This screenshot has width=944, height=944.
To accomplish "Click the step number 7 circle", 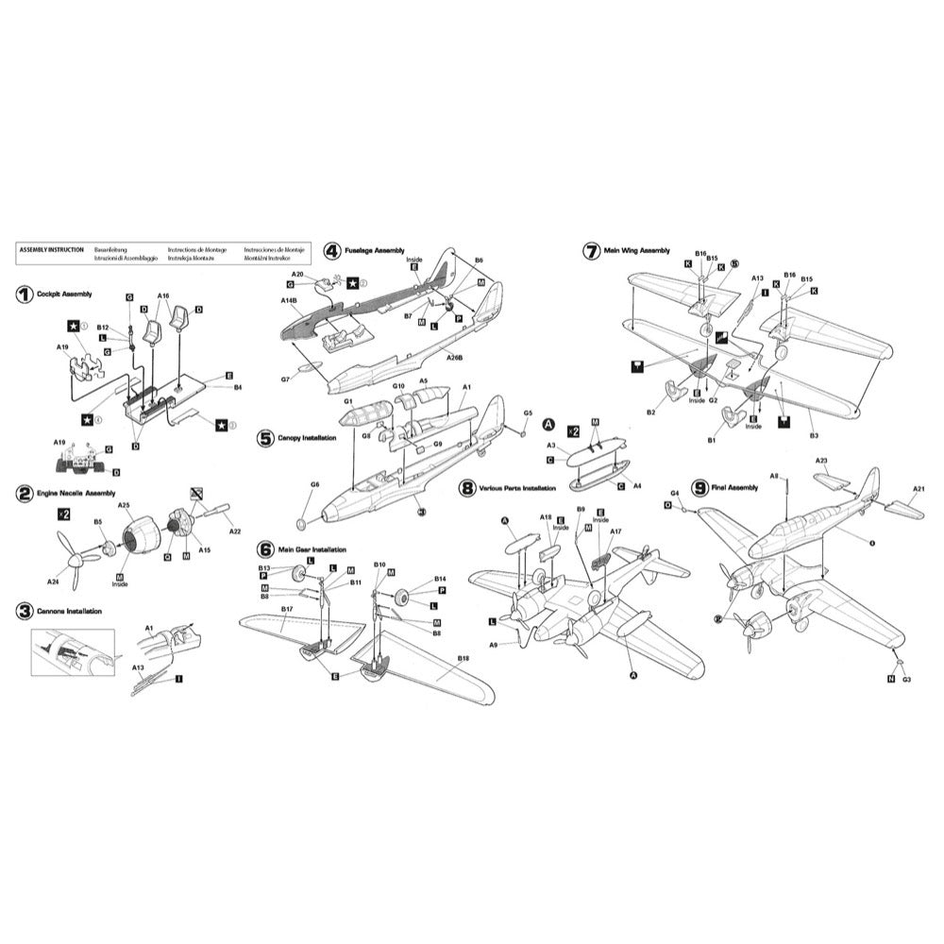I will (592, 250).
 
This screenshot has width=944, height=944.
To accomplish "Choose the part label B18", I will (463, 657).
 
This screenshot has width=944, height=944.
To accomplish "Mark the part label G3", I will (905, 679).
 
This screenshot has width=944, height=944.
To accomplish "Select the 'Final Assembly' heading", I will (737, 487).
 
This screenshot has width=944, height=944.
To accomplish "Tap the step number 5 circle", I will (265, 438).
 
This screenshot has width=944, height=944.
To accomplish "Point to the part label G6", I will (315, 484).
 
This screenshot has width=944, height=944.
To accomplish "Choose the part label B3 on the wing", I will (813, 435).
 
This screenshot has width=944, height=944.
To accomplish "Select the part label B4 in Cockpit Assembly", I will (238, 386).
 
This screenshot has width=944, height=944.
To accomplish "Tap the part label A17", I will (615, 531).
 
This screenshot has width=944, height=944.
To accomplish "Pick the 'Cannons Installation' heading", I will (69, 612).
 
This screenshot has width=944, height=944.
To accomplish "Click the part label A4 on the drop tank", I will (636, 485).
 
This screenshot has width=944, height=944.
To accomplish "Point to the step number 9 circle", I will (700, 488).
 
